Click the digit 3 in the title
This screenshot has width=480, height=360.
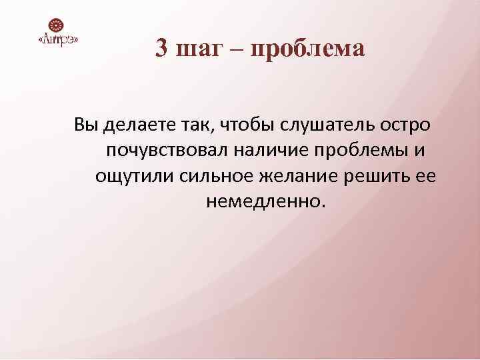point(161,49)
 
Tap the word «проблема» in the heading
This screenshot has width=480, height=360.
point(308,49)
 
